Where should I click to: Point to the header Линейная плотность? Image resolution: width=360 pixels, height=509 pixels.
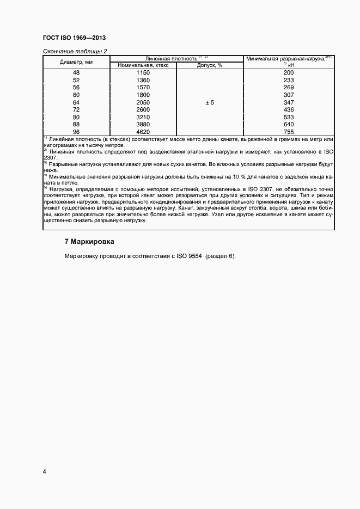point(170,58)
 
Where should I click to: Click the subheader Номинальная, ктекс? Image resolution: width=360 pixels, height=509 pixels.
point(143,65)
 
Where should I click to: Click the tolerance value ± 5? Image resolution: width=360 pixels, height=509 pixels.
point(210,102)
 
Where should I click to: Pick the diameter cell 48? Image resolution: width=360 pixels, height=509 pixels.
point(76,73)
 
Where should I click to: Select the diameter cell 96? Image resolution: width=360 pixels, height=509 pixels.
point(76,132)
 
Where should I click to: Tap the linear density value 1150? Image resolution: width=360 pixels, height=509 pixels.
point(143,73)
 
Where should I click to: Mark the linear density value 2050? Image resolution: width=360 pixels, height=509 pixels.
point(143,102)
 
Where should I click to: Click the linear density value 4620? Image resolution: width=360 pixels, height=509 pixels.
point(143,132)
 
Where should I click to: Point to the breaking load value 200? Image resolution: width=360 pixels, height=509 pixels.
point(289,73)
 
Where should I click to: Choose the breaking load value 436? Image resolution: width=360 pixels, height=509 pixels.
point(289,109)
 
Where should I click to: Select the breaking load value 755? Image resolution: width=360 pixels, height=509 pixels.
point(289,132)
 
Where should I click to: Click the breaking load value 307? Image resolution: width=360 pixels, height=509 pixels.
point(289,95)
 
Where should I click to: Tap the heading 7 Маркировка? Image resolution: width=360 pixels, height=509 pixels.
point(90,241)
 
